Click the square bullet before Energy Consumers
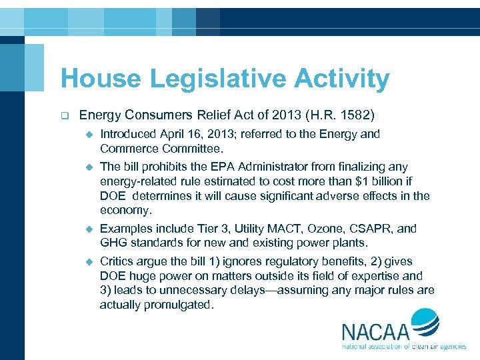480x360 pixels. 65,115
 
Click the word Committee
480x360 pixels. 195,149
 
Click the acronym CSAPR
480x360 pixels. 373,229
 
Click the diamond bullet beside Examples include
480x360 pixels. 87,229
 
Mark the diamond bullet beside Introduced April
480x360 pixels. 87,135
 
